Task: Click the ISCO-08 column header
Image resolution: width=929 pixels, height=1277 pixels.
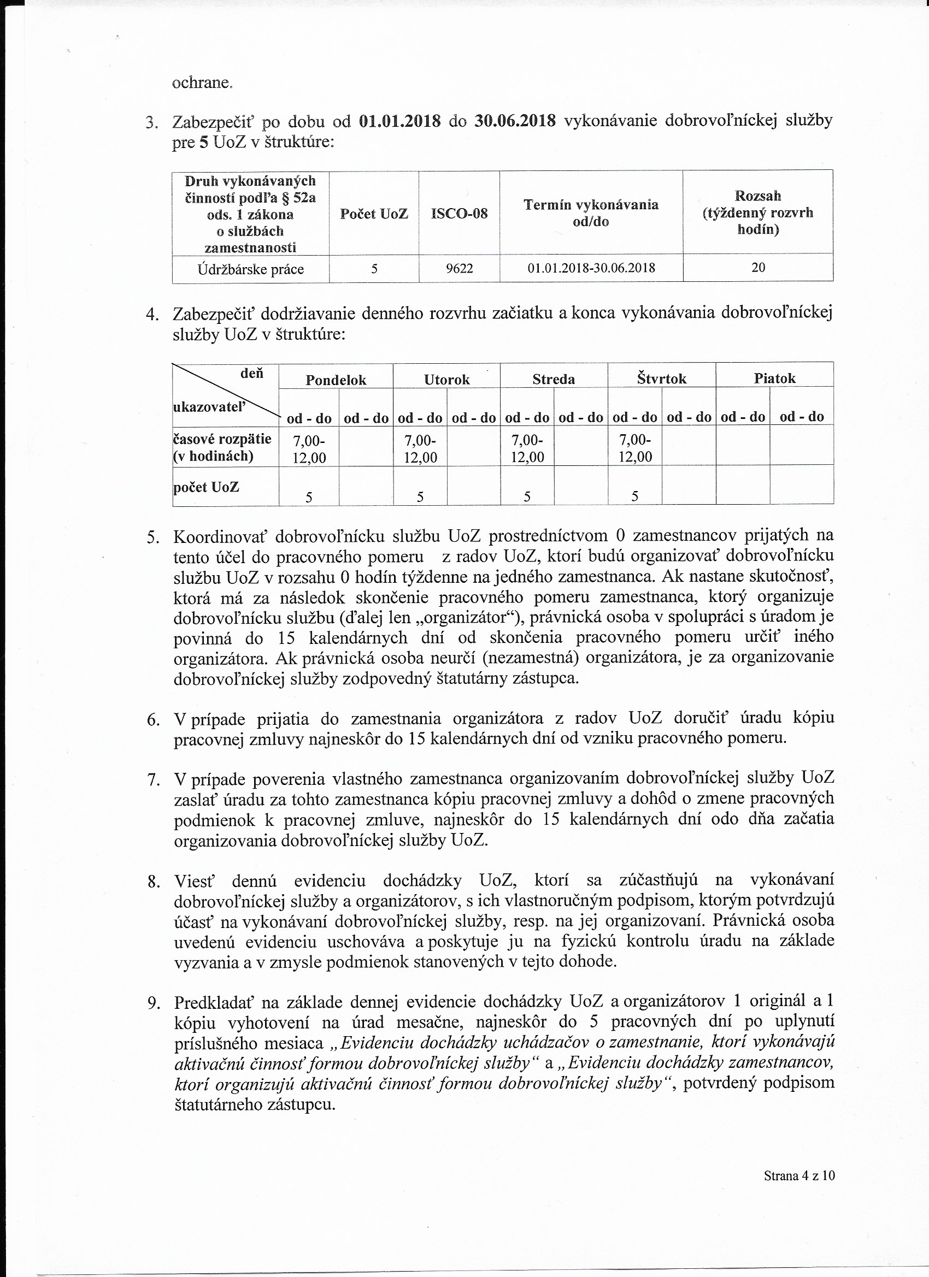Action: [x=459, y=214]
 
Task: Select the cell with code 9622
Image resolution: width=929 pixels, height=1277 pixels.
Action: [x=459, y=268]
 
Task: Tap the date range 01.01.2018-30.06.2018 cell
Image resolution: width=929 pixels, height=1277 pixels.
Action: [x=591, y=268]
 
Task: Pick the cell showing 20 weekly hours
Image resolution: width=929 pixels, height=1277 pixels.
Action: [x=758, y=268]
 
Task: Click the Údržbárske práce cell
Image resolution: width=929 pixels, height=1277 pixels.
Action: [x=251, y=269]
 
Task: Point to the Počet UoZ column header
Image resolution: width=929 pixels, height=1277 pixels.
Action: [x=374, y=214]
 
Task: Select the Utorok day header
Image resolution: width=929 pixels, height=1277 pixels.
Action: [x=447, y=380]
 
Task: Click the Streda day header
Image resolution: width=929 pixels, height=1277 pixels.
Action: [x=554, y=380]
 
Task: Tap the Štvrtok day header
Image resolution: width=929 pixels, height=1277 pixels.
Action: [x=662, y=379]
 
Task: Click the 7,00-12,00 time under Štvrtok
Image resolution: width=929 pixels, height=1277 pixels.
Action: [x=635, y=448]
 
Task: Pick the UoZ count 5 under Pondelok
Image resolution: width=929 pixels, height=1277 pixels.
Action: [x=309, y=496]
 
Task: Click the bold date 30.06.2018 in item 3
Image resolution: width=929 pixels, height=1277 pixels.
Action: [x=515, y=121]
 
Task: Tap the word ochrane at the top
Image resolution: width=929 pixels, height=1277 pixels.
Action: [x=201, y=83]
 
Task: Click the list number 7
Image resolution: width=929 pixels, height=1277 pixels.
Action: [x=153, y=780]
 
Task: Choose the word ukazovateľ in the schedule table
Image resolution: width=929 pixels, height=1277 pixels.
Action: [x=210, y=406]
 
